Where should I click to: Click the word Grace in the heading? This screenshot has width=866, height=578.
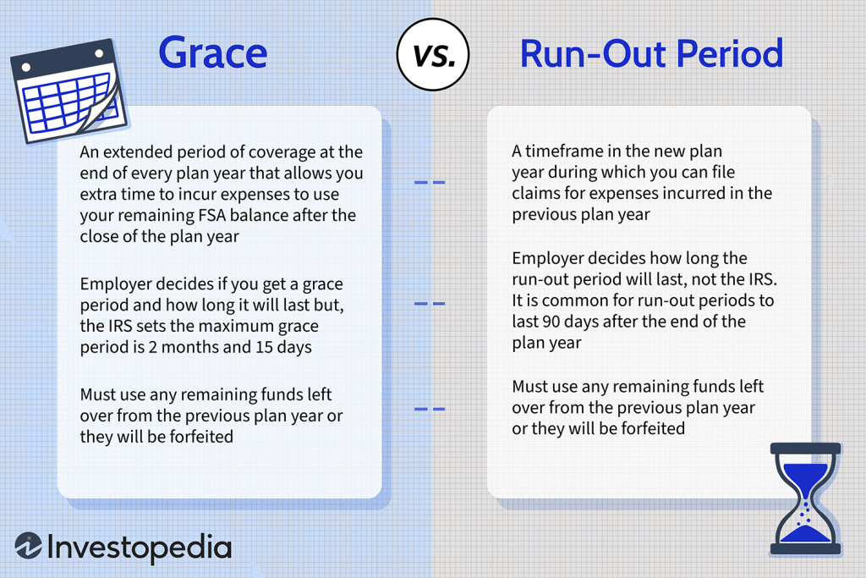pyautogui.click(x=212, y=53)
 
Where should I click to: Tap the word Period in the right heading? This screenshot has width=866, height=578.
pyautogui.click(x=730, y=53)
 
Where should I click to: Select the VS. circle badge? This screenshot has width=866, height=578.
pyautogui.click(x=433, y=54)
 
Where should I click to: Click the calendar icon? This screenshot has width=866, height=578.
pyautogui.click(x=68, y=90)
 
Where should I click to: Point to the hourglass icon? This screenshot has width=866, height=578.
pyautogui.click(x=806, y=498)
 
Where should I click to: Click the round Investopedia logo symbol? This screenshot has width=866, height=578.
pyautogui.click(x=28, y=546)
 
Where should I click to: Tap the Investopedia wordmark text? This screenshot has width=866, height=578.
pyautogui.click(x=140, y=548)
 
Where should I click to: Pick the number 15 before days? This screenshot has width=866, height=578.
pyautogui.click(x=265, y=347)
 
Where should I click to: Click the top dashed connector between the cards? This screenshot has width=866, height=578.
pyautogui.click(x=430, y=182)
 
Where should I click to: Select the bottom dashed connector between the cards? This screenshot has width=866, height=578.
pyautogui.click(x=430, y=409)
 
